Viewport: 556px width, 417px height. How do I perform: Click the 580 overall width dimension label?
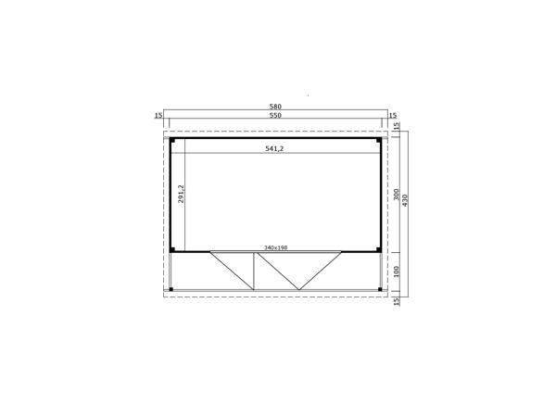tap(275, 107)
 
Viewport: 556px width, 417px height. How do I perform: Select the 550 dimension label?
tap(275, 115)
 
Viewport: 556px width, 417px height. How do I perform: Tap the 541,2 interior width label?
tap(274, 149)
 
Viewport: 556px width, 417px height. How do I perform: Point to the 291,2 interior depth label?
tap(182, 194)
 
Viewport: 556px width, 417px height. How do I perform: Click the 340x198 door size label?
tap(275, 247)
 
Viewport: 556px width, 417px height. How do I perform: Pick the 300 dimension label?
tap(397, 195)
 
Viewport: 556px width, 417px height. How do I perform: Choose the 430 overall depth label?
tap(405, 200)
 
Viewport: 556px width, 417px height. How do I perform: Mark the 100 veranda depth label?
tap(397, 272)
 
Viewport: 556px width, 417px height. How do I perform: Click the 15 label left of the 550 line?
tap(158, 115)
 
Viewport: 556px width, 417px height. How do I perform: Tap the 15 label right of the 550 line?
tap(393, 115)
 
